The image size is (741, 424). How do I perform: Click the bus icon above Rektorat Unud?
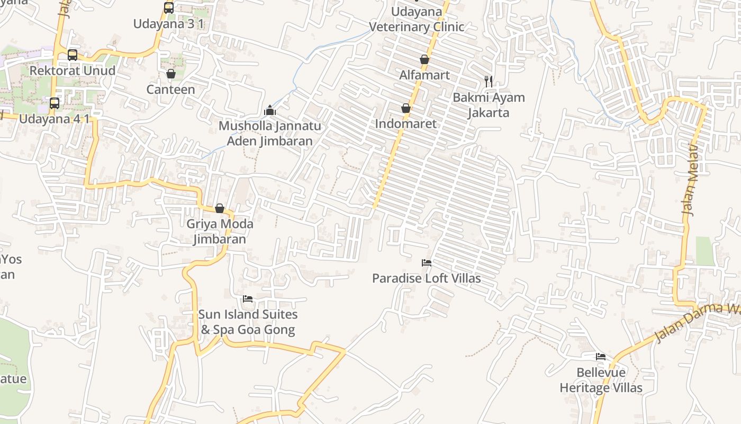click(x=73, y=55)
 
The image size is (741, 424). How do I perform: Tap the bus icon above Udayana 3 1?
click(x=169, y=8)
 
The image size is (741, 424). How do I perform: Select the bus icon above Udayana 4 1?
click(x=55, y=103)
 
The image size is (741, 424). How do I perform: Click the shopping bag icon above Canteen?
click(x=170, y=74)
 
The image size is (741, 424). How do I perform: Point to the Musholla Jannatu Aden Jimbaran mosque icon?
click(x=270, y=110)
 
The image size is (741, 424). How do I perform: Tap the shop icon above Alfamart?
click(x=424, y=59)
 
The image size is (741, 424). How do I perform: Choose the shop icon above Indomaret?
click(x=406, y=108)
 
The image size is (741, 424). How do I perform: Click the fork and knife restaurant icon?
click(x=489, y=82)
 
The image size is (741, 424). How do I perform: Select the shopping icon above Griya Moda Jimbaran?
click(x=220, y=208)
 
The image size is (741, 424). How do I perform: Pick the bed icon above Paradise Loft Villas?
click(x=426, y=263)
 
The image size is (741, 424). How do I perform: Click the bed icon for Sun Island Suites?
click(x=247, y=299)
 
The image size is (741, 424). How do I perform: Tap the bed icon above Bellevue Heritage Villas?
click(x=600, y=357)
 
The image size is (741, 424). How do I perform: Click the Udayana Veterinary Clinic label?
click(x=417, y=19)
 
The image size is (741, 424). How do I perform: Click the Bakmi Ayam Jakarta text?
click(x=489, y=105)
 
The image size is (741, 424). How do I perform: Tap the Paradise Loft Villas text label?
click(x=426, y=278)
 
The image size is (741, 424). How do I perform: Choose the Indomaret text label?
click(x=406, y=124)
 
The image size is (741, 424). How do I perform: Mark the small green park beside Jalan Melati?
click(x=705, y=251)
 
